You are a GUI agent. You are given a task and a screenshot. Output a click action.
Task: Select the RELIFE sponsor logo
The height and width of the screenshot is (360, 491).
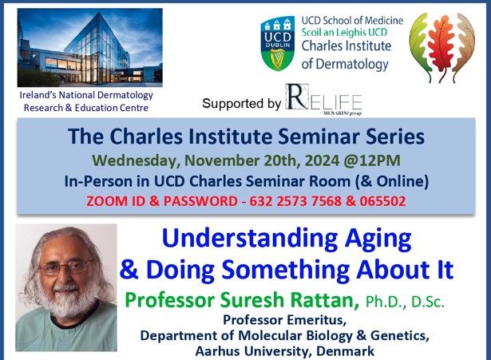point(323,100)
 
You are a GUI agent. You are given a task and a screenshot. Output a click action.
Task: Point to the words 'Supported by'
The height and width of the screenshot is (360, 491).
point(241,104)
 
